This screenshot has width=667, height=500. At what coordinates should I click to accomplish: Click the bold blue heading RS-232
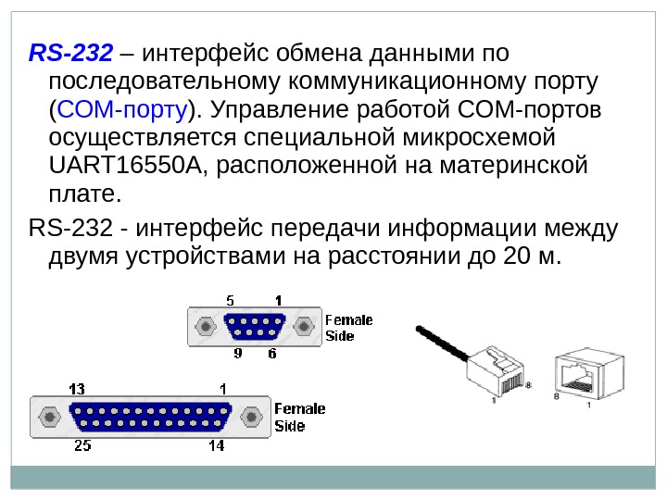pyautogui.click(x=70, y=50)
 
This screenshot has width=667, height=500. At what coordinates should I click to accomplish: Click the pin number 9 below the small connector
pyautogui.click(x=237, y=354)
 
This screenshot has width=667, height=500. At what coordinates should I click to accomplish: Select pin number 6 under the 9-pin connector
pyautogui.click(x=272, y=354)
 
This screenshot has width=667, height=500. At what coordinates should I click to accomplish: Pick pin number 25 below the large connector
pyautogui.click(x=82, y=445)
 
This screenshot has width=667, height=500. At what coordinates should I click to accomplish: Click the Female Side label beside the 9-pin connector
pyautogui.click(x=348, y=328)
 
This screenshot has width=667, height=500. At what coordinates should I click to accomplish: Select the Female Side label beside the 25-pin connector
pyautogui.click(x=300, y=418)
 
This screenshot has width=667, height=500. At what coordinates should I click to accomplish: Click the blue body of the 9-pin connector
pyautogui.click(x=253, y=327)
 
